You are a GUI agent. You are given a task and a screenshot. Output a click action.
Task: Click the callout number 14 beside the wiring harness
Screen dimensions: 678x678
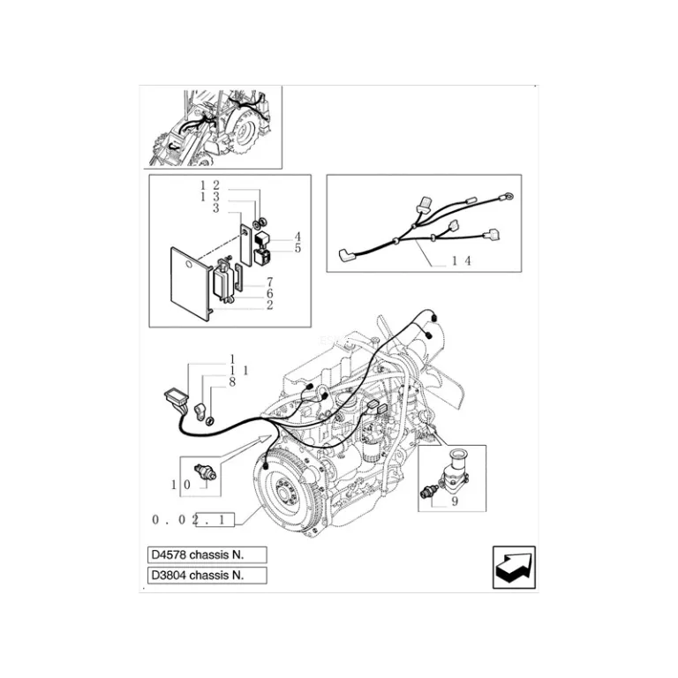(462, 260)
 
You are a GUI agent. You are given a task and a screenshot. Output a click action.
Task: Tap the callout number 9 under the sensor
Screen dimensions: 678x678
(455, 501)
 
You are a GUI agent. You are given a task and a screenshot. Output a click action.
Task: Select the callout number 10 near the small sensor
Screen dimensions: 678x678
(181, 485)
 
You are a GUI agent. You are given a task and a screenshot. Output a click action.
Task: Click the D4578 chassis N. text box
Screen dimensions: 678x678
(207, 554)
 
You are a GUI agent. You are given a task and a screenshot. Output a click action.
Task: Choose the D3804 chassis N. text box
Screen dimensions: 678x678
(207, 575)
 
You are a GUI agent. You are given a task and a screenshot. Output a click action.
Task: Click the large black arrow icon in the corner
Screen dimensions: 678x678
(514, 568)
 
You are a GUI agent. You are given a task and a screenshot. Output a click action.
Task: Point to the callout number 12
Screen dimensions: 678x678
(210, 185)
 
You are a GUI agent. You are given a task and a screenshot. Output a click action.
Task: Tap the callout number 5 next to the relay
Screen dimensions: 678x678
(298, 248)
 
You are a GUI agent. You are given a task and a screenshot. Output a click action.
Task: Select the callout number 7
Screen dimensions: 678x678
(269, 282)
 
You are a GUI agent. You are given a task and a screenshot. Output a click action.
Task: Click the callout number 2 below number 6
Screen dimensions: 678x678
(269, 305)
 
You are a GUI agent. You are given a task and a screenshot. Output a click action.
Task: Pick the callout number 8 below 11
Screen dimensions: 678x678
(232, 382)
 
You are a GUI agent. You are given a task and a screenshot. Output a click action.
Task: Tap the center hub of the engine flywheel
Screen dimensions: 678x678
(283, 493)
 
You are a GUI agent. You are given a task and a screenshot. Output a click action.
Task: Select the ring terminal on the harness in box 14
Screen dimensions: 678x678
(508, 198)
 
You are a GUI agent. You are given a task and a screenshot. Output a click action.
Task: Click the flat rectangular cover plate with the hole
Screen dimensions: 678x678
(190, 283)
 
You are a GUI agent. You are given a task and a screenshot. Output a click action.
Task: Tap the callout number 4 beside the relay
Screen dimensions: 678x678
(298, 237)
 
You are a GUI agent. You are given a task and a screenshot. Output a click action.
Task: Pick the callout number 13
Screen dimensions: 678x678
(210, 197)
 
